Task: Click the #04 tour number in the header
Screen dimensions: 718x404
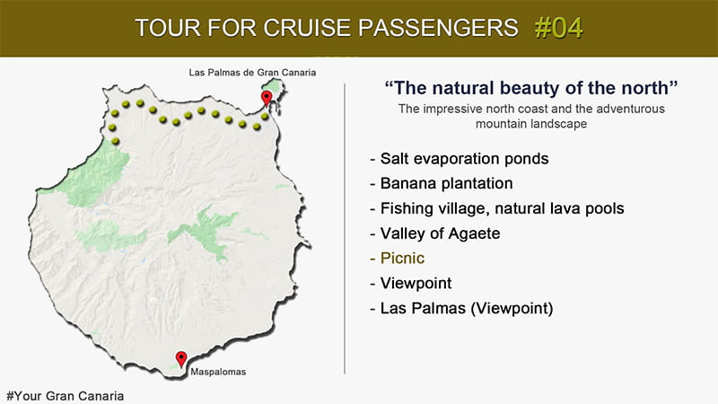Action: coord(558,28)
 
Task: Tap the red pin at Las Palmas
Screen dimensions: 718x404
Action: coord(266,98)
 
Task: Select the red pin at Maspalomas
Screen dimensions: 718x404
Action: coord(181,358)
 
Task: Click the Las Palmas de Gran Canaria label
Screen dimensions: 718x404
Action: coord(252,73)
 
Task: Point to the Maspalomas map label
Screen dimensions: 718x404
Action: coord(218,372)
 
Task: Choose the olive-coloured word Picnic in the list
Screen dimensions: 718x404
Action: coord(402,259)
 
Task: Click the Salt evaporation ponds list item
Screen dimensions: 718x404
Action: coord(464,159)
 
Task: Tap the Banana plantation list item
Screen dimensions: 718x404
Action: coord(446,184)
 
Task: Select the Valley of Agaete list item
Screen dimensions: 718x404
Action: coord(440,233)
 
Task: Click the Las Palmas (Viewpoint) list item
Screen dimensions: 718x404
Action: coord(467,308)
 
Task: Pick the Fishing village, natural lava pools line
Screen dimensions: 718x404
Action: coord(503,209)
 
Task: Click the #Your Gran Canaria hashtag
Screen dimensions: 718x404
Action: coord(65,396)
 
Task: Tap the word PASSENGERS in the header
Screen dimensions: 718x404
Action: coord(438,28)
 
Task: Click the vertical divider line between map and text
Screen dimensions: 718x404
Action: coord(345,229)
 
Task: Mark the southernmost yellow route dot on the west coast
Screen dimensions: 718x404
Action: coord(116,141)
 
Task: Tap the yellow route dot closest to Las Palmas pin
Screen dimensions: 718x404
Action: coord(265,117)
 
